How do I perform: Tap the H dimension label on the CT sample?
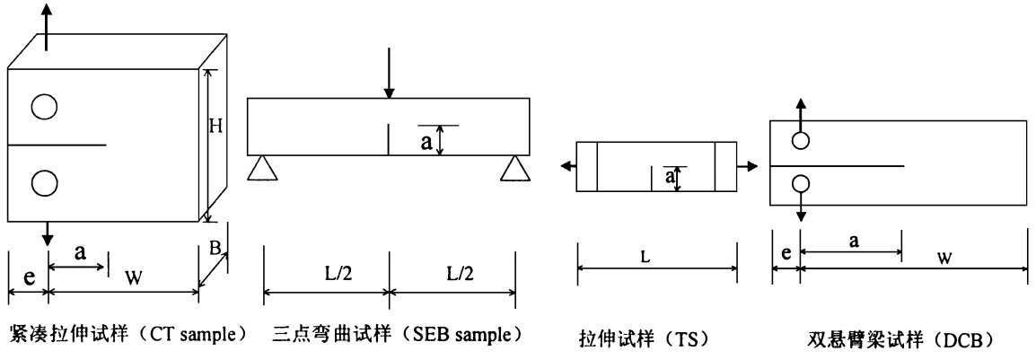(215, 127)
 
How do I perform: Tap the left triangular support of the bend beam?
(261, 167)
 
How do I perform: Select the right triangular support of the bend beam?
(514, 167)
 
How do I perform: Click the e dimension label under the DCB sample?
(786, 255)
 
